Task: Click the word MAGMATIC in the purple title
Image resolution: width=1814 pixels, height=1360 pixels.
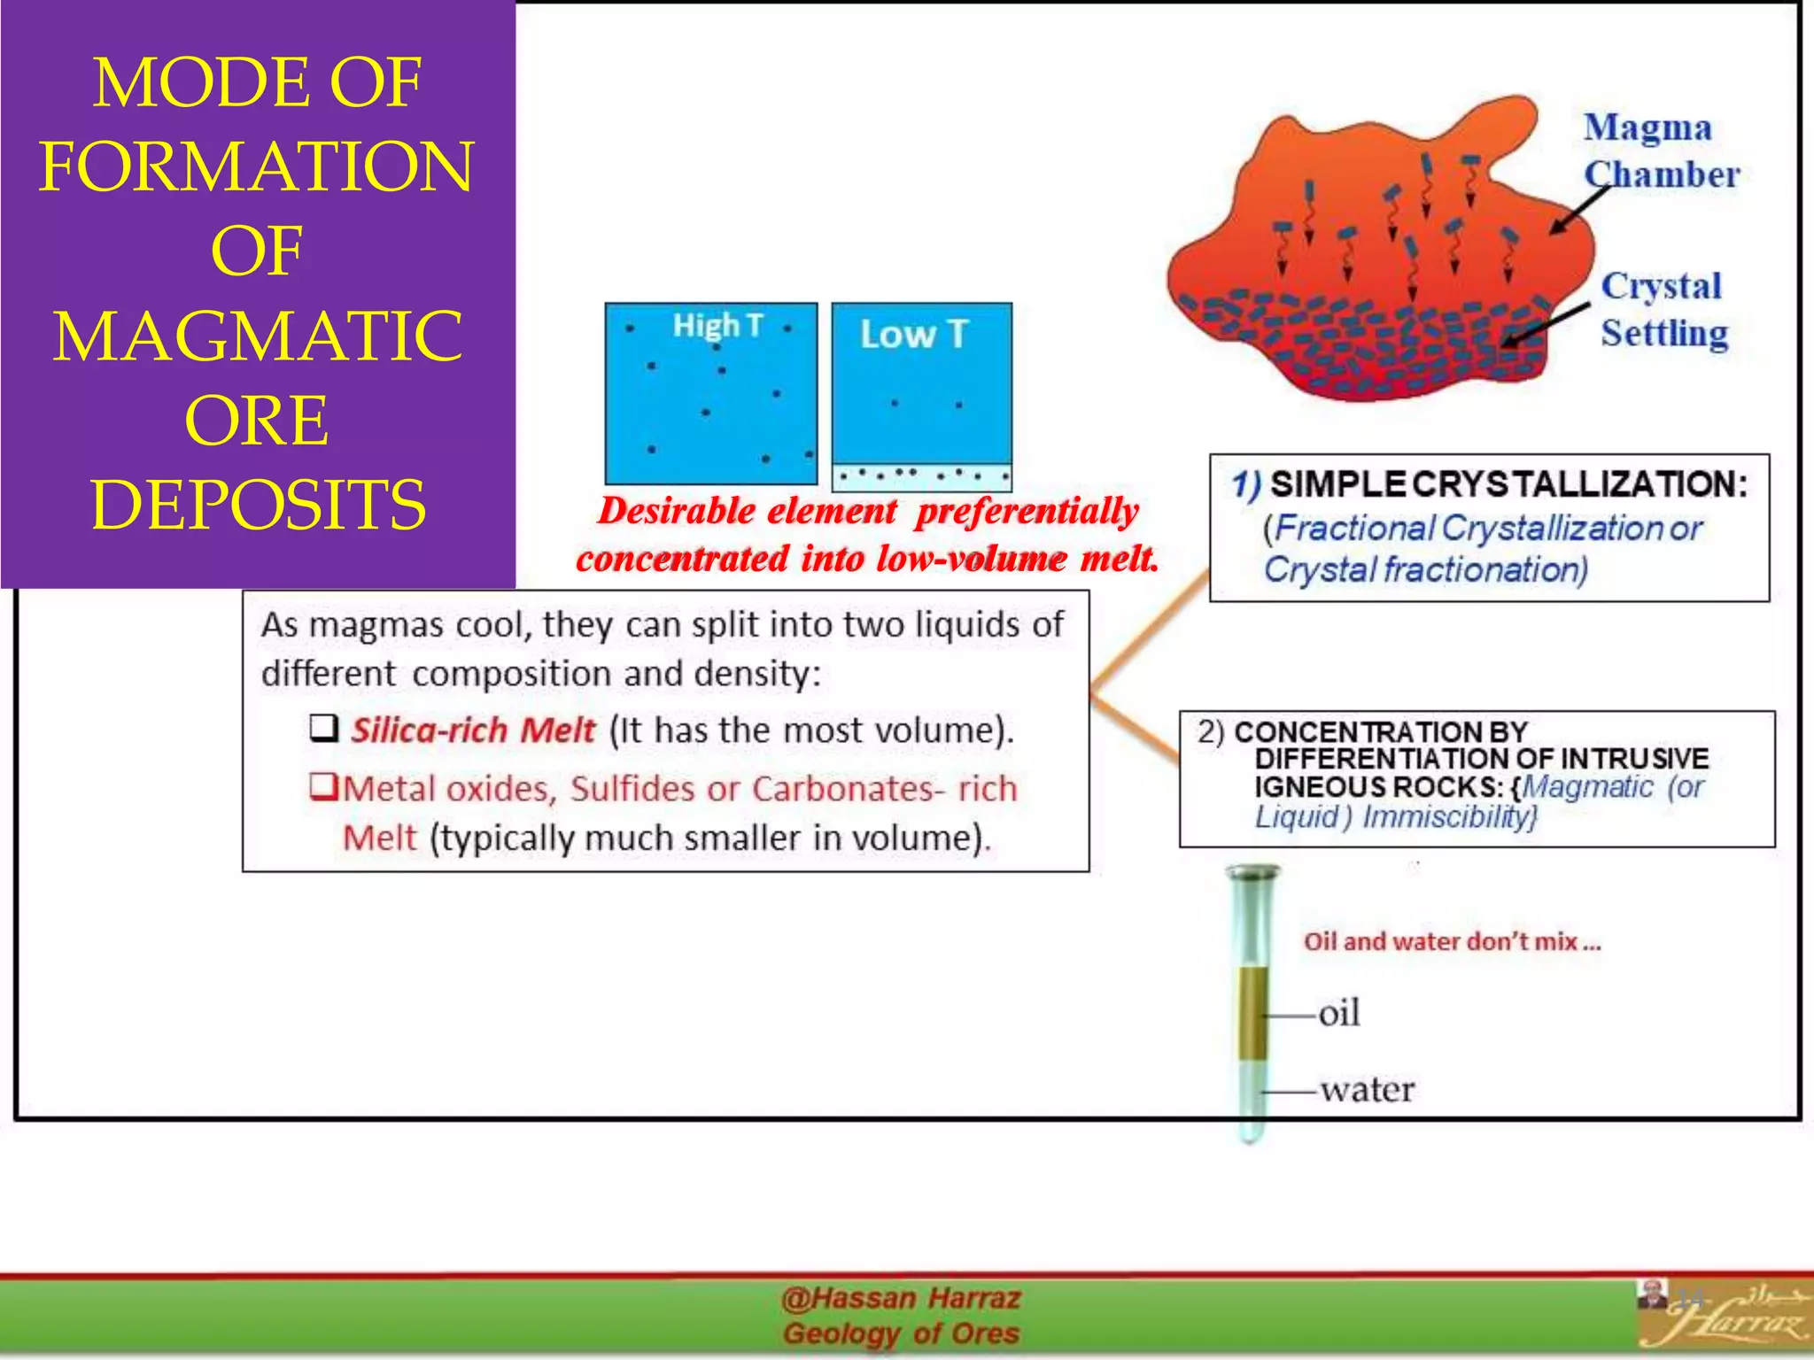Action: [x=257, y=336]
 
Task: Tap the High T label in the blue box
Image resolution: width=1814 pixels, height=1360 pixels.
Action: [x=717, y=326]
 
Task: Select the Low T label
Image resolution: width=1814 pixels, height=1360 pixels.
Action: [x=914, y=335]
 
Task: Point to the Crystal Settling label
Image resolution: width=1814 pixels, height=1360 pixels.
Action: [x=1663, y=309]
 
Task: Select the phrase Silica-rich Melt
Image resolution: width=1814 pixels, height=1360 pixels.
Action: [x=473, y=730]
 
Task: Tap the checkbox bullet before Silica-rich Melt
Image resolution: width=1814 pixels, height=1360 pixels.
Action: [x=323, y=730]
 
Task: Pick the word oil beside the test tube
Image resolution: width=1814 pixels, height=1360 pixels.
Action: [x=1338, y=1013]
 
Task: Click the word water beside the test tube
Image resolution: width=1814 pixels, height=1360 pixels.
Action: [x=1367, y=1089]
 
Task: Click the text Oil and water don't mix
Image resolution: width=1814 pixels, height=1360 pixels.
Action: [x=1451, y=941]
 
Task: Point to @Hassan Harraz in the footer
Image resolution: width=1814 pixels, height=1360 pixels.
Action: [x=900, y=1299]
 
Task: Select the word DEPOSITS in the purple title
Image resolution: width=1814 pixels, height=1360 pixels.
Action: [x=258, y=504]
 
